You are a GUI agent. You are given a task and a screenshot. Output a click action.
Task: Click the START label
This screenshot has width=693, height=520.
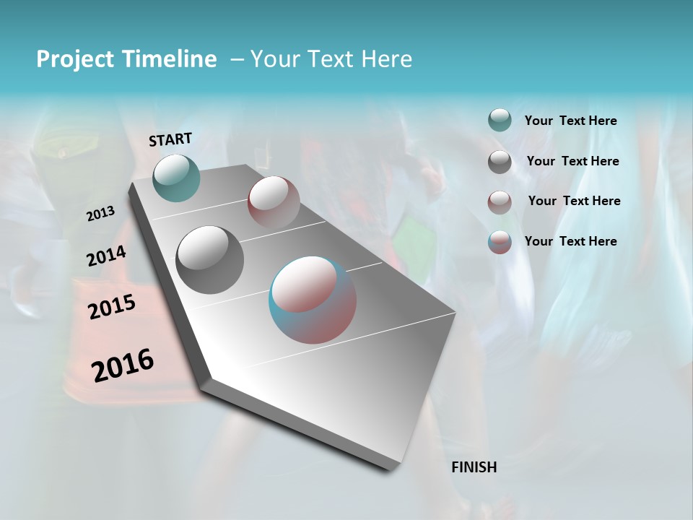170,139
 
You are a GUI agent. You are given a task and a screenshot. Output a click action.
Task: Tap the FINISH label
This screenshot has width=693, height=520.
474,467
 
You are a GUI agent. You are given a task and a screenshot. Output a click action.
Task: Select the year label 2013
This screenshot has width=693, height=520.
100,213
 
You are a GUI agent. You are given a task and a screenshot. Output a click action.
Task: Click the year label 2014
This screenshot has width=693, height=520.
106,256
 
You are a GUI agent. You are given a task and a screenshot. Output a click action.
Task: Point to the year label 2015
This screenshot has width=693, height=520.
112,307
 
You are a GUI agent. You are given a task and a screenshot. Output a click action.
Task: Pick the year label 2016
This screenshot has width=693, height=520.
123,365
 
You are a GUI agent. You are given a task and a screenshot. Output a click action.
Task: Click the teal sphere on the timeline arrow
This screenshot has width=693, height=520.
176,178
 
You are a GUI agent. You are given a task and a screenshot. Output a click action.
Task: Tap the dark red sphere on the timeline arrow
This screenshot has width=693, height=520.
274,201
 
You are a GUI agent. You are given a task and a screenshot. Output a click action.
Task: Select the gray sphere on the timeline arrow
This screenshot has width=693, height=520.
210,259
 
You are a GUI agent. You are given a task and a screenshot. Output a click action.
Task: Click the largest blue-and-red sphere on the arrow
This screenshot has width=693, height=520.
313,300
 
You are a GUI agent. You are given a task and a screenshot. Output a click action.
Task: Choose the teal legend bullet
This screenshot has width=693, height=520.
500,120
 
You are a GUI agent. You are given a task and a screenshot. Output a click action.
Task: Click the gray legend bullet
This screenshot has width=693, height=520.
500,162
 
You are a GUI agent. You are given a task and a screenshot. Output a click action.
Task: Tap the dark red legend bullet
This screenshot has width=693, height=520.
500,202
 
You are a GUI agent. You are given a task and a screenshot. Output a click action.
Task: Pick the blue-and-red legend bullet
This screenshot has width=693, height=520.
500,243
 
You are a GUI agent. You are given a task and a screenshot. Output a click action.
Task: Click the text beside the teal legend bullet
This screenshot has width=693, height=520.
570,121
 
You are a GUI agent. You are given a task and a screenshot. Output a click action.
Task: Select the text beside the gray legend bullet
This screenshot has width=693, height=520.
572,161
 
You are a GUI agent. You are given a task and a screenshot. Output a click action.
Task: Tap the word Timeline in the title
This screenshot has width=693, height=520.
170,59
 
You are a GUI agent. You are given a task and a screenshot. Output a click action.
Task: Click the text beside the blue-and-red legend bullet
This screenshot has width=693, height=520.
570,241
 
